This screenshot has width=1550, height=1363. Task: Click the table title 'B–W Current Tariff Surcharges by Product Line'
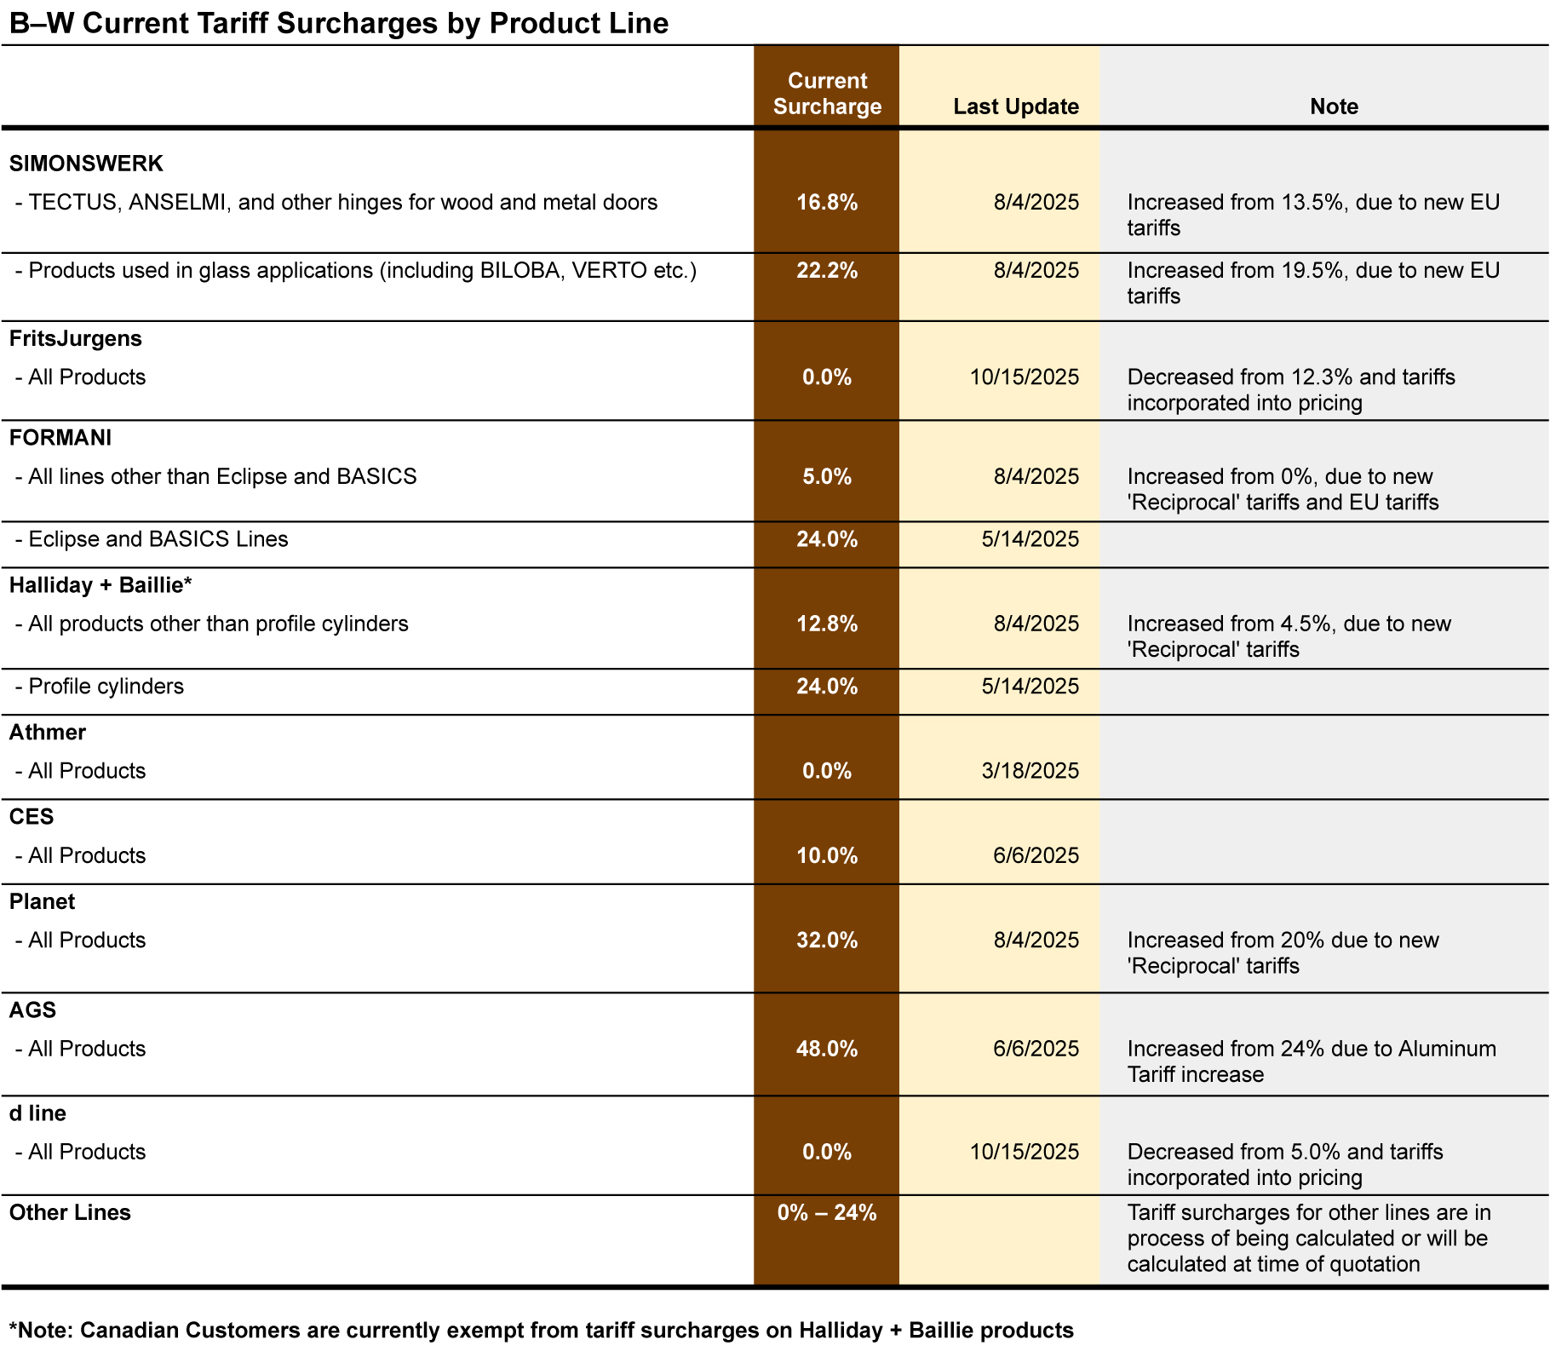(x=339, y=23)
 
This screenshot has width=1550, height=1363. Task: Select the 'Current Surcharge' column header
(x=827, y=94)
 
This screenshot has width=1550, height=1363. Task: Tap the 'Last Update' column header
(x=1015, y=106)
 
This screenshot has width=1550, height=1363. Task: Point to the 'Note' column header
(x=1333, y=106)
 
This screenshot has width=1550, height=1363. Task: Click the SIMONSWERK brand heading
(x=86, y=163)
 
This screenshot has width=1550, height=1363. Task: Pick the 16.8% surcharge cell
(x=827, y=202)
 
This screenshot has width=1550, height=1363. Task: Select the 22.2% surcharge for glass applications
(x=827, y=270)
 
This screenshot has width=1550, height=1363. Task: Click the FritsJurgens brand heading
(x=76, y=338)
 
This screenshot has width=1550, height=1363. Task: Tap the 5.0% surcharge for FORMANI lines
(x=827, y=476)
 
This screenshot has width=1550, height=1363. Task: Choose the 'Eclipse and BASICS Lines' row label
(x=158, y=539)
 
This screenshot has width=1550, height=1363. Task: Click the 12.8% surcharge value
(x=827, y=624)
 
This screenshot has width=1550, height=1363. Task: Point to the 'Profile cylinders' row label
(x=106, y=687)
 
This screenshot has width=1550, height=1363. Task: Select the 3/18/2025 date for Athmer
(x=1030, y=771)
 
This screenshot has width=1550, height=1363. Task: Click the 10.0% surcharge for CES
(x=827, y=855)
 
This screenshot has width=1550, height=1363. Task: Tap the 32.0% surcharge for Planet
(x=827, y=940)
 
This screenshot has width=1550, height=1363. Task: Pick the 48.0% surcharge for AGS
(x=827, y=1049)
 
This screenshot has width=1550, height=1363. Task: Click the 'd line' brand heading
(x=37, y=1113)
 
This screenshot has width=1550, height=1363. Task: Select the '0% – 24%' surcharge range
(x=827, y=1212)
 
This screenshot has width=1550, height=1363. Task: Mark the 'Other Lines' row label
(x=70, y=1212)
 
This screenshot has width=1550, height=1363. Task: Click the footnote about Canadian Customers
(x=542, y=1330)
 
